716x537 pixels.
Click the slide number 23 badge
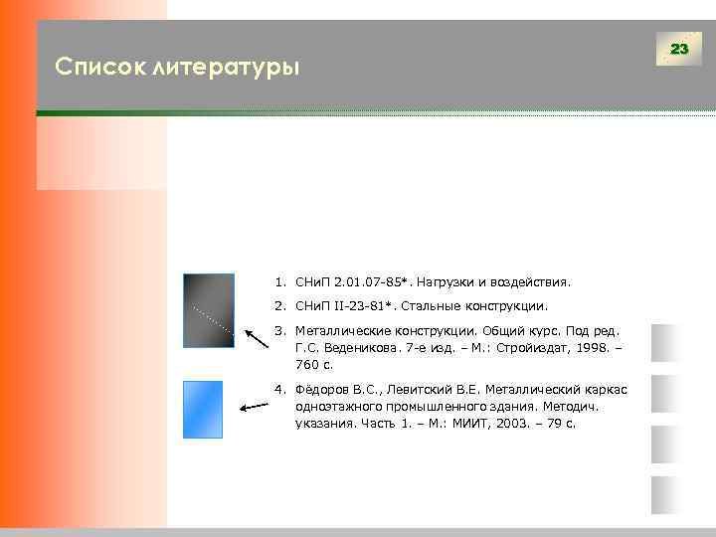pyautogui.click(x=679, y=49)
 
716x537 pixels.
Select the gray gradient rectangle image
pyautogui.click(x=209, y=309)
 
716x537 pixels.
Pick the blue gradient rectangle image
pyautogui.click(x=203, y=409)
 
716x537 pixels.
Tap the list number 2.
pyautogui.click(x=280, y=306)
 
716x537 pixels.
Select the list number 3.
pyautogui.click(x=280, y=330)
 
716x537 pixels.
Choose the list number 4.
pyautogui.click(x=280, y=388)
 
